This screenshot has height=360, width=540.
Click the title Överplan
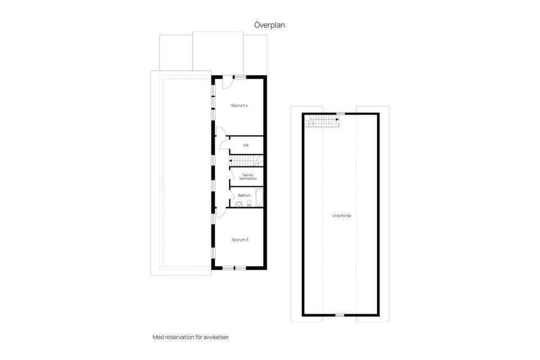(x=269, y=25)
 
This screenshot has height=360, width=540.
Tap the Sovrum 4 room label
(x=240, y=105)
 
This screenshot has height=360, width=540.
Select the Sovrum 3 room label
(x=240, y=240)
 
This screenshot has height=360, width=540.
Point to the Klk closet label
(x=246, y=145)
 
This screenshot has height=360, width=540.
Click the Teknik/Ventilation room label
(x=248, y=177)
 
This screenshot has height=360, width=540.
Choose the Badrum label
(x=245, y=195)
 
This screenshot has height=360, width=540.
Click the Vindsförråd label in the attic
(x=341, y=215)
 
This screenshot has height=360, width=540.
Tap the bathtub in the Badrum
(x=259, y=197)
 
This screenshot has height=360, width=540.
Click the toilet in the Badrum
(x=249, y=203)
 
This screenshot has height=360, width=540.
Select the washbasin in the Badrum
(x=238, y=204)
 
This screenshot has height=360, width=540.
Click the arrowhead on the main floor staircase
(x=231, y=161)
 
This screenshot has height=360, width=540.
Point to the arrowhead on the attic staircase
(x=337, y=120)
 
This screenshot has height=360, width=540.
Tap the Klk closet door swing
(x=224, y=145)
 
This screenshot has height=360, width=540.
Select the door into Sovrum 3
(x=220, y=213)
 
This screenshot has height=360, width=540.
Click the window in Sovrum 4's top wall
(x=240, y=77)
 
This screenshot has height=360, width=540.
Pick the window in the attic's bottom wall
(x=340, y=314)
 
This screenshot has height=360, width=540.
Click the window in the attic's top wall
(x=340, y=114)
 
